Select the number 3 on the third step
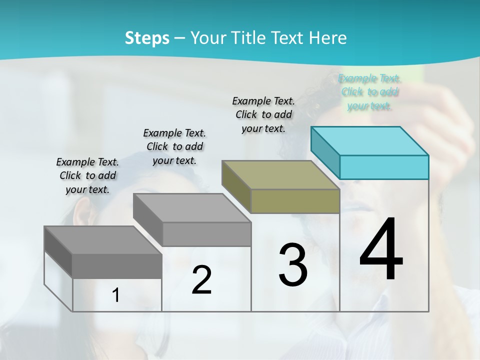pyautogui.click(x=292, y=265)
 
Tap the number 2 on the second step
pyautogui.click(x=201, y=280)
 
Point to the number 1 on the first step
pyautogui.click(x=115, y=295)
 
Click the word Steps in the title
pyautogui.click(x=147, y=38)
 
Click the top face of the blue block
pyautogui.click(x=370, y=140)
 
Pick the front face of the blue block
pyautogui.click(x=384, y=167)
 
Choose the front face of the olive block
pyautogui.click(x=295, y=201)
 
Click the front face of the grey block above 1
pyautogui.click(x=117, y=266)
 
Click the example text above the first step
pyautogui.click(x=87, y=175)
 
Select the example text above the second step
pyautogui.click(x=174, y=146)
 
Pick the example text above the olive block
pyautogui.click(x=263, y=114)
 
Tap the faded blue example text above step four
pyautogui.click(x=370, y=92)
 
